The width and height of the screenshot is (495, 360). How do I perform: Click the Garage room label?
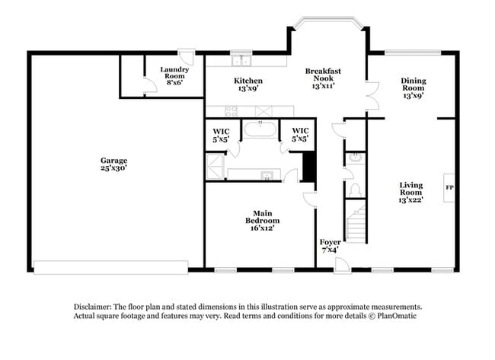[113, 164]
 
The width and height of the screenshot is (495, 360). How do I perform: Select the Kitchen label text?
[248, 84]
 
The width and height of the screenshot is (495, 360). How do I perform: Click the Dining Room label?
[414, 88]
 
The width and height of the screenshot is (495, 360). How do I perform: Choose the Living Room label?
[412, 192]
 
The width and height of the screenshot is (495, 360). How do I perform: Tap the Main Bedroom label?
[259, 220]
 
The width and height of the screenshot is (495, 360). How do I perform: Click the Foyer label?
[330, 245]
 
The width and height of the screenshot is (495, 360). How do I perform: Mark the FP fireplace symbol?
[449, 186]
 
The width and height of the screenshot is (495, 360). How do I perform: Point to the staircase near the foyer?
[356, 225]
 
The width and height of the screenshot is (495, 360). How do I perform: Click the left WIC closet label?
[221, 135]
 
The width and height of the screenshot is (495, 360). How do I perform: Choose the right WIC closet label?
[300, 135]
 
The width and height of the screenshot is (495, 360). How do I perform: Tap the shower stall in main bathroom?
[216, 165]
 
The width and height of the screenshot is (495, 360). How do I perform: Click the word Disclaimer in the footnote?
[94, 304]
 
